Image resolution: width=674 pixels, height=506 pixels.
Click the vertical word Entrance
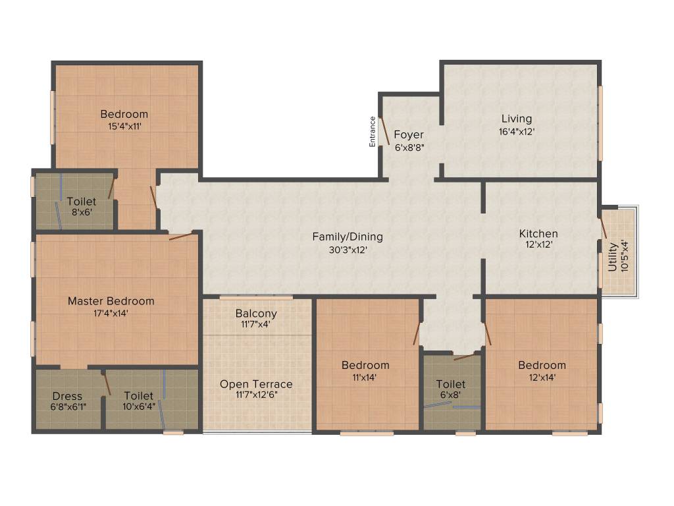click(x=373, y=131)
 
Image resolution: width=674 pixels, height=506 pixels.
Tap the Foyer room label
click(x=409, y=135)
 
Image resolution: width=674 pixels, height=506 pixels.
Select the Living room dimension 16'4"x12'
click(x=516, y=131)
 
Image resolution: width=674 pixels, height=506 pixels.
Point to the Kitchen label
click(x=538, y=234)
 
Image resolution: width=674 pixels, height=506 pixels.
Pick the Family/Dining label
click(x=348, y=237)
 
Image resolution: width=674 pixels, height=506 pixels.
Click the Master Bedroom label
click(x=111, y=301)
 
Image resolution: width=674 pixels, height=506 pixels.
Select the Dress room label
click(x=67, y=396)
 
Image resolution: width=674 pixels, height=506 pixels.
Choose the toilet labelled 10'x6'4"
click(x=138, y=396)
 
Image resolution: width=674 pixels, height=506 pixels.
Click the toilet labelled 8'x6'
click(x=81, y=202)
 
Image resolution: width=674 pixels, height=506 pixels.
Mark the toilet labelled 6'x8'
click(x=451, y=384)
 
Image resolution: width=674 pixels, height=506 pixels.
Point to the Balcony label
click(x=256, y=314)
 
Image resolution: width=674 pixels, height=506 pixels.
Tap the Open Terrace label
click(x=256, y=384)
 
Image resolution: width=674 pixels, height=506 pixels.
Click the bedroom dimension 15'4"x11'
click(x=124, y=126)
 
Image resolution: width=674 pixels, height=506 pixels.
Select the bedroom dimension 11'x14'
click(x=365, y=378)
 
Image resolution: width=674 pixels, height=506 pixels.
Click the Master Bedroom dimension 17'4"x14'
click(x=111, y=314)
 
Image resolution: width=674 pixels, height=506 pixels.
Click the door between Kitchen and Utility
click(x=603, y=227)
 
